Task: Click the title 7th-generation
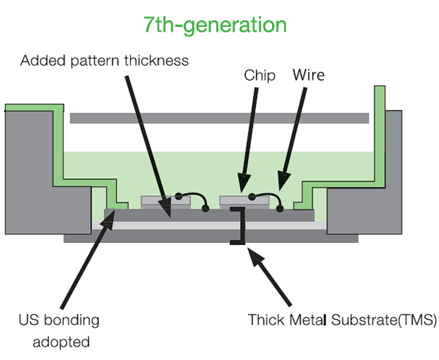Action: [215, 25]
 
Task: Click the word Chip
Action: [260, 75]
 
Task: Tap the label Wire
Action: [308, 74]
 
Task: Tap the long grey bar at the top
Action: [219, 118]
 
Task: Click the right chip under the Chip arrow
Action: [244, 201]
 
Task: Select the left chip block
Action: [165, 201]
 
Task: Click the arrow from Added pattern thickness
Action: [147, 144]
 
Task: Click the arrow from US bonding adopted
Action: [86, 262]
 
